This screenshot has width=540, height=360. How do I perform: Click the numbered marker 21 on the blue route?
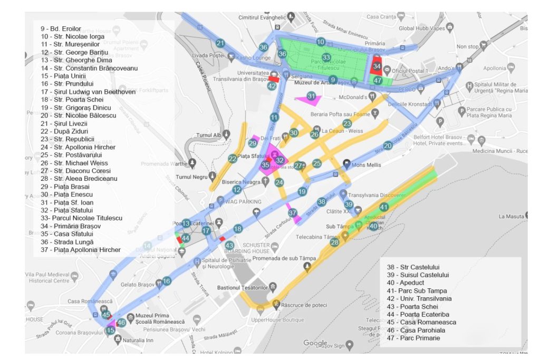tap(220, 43)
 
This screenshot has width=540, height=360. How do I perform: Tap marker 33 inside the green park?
tap(326, 57)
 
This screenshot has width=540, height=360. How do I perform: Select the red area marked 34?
tap(377, 66)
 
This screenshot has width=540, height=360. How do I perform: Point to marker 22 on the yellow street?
tap(233, 159)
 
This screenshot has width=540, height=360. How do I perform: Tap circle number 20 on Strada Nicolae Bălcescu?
tap(388, 145)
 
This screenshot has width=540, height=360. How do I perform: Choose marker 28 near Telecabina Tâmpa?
tap(334, 242)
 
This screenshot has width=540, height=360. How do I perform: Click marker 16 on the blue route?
tap(167, 281)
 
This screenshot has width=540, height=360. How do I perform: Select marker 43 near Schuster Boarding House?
tap(229, 246)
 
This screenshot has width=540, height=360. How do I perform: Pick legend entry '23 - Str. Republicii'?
tap(71, 139)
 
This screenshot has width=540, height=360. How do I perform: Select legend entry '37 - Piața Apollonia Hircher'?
tap(80, 250)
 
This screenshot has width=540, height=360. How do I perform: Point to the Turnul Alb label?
tap(211, 135)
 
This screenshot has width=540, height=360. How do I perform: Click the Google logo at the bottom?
tap(315, 344)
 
